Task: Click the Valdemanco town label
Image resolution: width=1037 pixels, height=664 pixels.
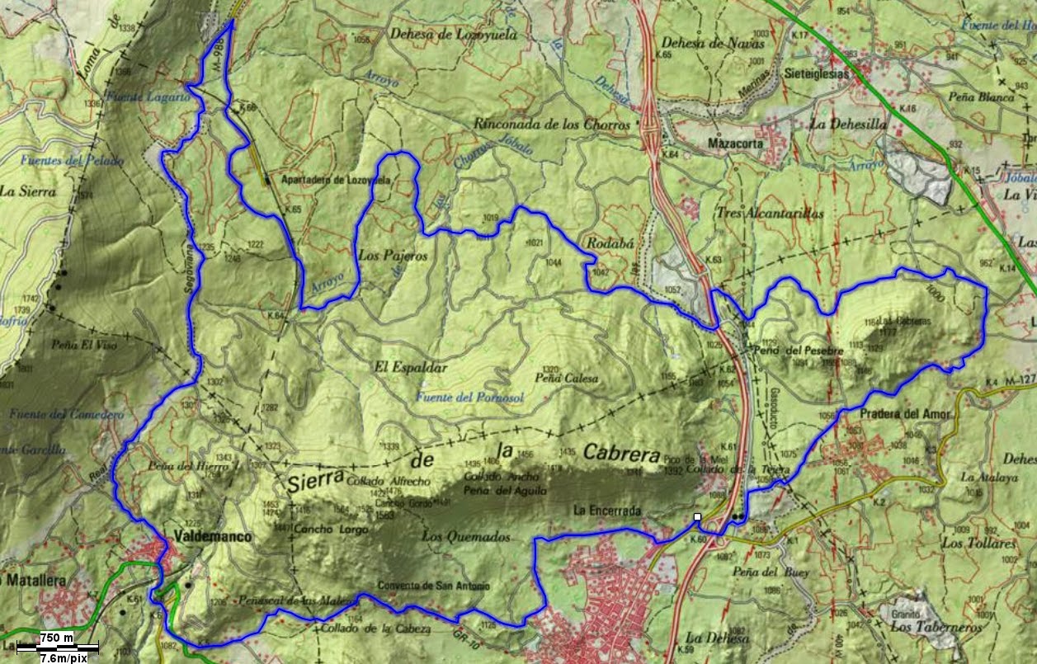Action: (213, 537)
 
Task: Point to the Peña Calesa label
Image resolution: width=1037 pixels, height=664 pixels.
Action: (566, 379)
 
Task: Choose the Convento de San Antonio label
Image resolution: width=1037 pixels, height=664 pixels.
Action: (433, 586)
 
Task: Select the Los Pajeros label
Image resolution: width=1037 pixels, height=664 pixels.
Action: (394, 257)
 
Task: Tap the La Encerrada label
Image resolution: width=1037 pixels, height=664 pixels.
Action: (606, 511)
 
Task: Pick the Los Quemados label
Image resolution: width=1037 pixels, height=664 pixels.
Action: (466, 536)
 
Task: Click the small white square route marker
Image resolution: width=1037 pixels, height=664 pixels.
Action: (697, 517)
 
